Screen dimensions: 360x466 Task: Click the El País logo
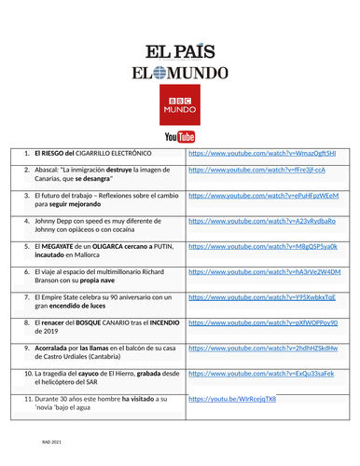pyautogui.click(x=180, y=52)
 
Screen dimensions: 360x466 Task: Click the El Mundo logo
pyautogui.click(x=180, y=74)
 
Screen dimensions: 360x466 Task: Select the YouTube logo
pyautogui.click(x=180, y=136)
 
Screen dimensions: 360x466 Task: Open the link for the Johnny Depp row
pyautogui.click(x=261, y=221)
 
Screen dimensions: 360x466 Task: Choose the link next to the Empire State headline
pyautogui.click(x=262, y=296)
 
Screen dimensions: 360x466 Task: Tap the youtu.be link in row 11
pyautogui.click(x=232, y=398)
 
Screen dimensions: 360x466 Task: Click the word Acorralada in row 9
pyautogui.click(x=53, y=347)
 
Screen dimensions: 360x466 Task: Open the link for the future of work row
pyautogui.click(x=263, y=196)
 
